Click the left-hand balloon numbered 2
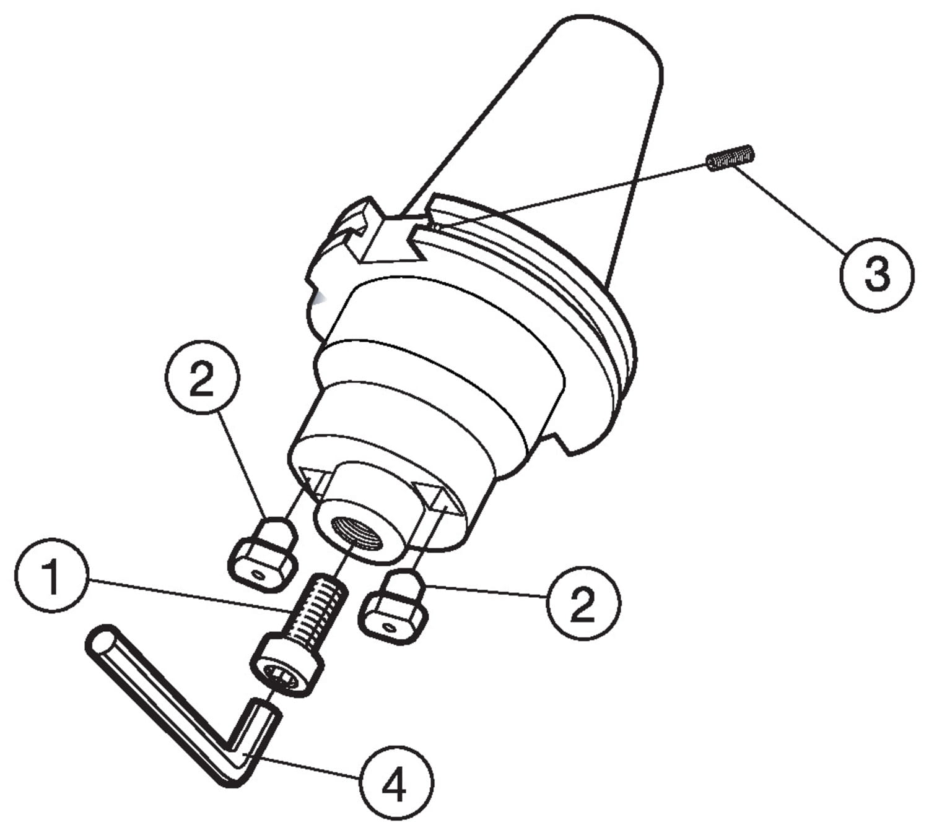202,377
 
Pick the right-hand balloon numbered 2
583,603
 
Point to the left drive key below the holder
262,555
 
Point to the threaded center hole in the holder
357,535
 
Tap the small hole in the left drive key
259,574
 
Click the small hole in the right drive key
390,626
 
